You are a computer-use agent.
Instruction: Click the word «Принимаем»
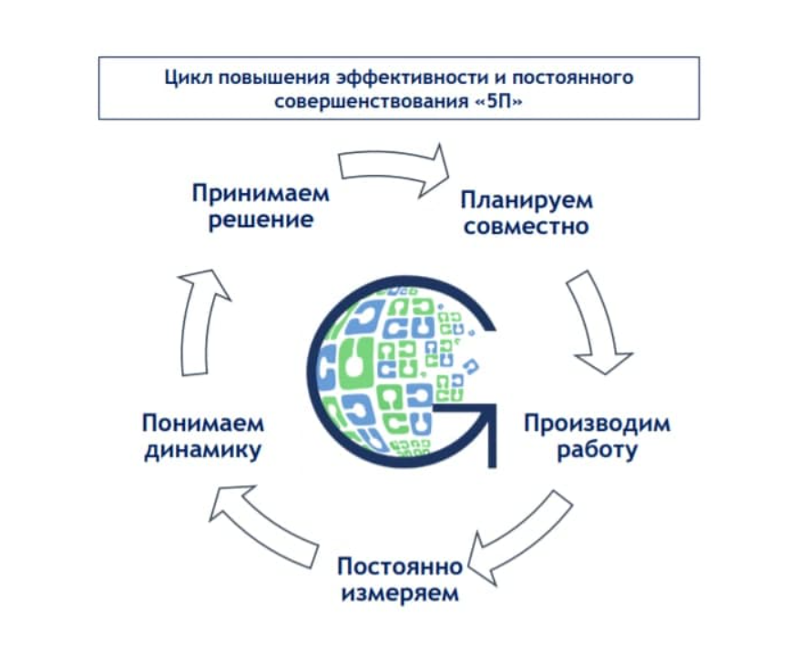click(x=260, y=194)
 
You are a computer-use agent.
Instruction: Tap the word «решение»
click(x=261, y=220)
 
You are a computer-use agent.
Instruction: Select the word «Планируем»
click(x=526, y=199)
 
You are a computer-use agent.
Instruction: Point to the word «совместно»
click(x=526, y=226)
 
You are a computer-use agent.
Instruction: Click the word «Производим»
click(x=596, y=423)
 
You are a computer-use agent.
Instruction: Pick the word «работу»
click(x=596, y=450)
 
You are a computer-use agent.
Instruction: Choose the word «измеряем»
click(x=399, y=595)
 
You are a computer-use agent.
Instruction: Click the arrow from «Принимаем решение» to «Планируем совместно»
click(x=396, y=168)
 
